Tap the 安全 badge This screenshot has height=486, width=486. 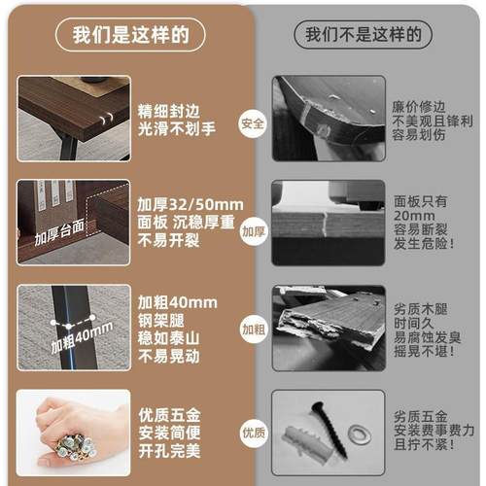click(x=253, y=123)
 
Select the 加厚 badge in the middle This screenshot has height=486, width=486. click(x=253, y=231)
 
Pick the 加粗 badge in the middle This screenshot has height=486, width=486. click(x=253, y=329)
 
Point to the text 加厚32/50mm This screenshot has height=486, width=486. click(x=190, y=205)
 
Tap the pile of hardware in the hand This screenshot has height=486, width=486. click(x=72, y=442)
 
